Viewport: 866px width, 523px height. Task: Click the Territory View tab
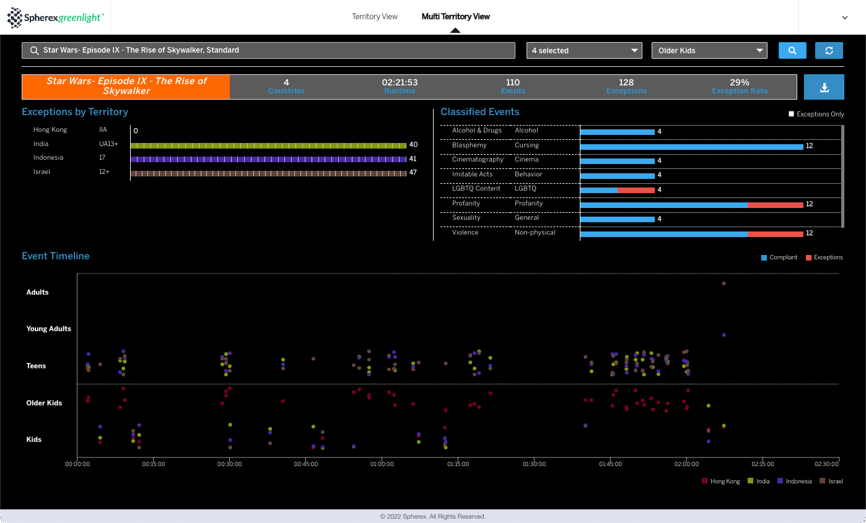(374, 17)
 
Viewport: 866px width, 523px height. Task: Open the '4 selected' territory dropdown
(584, 51)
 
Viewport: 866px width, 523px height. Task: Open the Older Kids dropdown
(709, 51)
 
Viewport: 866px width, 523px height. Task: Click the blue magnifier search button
(792, 51)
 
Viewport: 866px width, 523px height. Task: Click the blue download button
(824, 87)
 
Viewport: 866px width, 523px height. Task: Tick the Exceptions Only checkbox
(791, 114)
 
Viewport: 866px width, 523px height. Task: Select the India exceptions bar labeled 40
(268, 145)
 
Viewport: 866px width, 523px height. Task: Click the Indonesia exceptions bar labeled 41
(268, 159)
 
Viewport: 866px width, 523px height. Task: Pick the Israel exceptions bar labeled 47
(268, 173)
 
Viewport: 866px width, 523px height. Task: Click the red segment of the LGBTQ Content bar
(636, 190)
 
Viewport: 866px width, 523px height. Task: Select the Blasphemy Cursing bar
(692, 147)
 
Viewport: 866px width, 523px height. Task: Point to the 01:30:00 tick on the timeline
(534, 464)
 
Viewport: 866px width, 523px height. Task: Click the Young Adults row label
(49, 329)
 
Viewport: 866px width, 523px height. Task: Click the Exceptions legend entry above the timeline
(824, 257)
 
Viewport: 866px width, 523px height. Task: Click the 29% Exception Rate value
(740, 82)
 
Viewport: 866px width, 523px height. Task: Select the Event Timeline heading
(56, 256)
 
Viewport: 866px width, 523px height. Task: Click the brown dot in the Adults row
(724, 283)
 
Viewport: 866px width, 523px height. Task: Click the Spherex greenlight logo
(56, 17)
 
